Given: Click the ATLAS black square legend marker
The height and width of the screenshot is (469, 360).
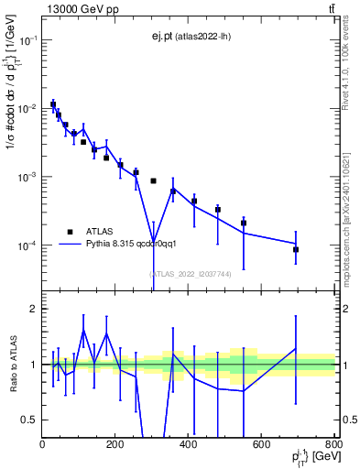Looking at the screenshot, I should (x=70, y=232).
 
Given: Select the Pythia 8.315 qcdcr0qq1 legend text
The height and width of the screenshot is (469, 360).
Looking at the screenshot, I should (x=138, y=245).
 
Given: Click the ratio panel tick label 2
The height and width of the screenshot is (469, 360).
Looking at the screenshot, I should (x=33, y=309).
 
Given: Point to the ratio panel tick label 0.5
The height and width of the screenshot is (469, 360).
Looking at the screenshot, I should (x=30, y=420).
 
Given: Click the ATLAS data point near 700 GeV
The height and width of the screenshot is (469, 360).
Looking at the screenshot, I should (x=296, y=249).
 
